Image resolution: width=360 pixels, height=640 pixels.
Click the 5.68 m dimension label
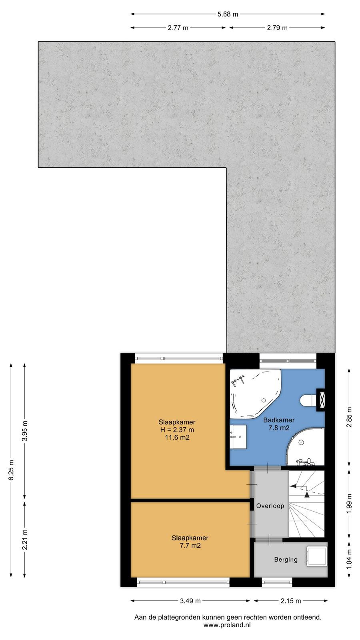pyautogui.click(x=228, y=14)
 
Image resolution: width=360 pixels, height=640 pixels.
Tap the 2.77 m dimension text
pyautogui.click(x=178, y=28)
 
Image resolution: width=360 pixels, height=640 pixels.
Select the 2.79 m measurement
pyautogui.click(x=277, y=28)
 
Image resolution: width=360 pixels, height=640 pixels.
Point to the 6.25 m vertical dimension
pyautogui.click(x=11, y=470)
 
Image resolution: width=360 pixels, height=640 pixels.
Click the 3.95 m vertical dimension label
pyautogui.click(x=25, y=431)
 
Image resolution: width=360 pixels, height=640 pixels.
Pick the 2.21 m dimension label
pyautogui.click(x=25, y=539)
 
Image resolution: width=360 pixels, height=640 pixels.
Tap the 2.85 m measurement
pyautogui.click(x=349, y=417)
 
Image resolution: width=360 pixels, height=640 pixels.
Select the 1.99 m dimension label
pyautogui.click(x=349, y=504)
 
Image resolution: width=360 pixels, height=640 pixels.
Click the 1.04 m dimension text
pyautogui.click(x=349, y=559)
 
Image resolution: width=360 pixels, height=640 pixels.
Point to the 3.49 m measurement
pyautogui.click(x=190, y=601)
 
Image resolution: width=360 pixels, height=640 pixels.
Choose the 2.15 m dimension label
pyautogui.click(x=290, y=601)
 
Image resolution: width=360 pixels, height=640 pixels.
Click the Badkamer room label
pyautogui.click(x=279, y=420)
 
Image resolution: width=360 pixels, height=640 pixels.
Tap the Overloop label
pyautogui.click(x=270, y=506)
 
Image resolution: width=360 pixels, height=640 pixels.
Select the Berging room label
pyautogui.click(x=286, y=560)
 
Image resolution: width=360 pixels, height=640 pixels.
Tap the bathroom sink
pyautogui.click(x=238, y=436)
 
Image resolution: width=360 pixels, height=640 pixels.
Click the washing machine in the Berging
pyautogui.click(x=316, y=556)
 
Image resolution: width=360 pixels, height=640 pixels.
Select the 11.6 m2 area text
pyautogui.click(x=177, y=438)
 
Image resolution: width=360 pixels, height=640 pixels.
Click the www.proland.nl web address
pyautogui.click(x=227, y=625)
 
